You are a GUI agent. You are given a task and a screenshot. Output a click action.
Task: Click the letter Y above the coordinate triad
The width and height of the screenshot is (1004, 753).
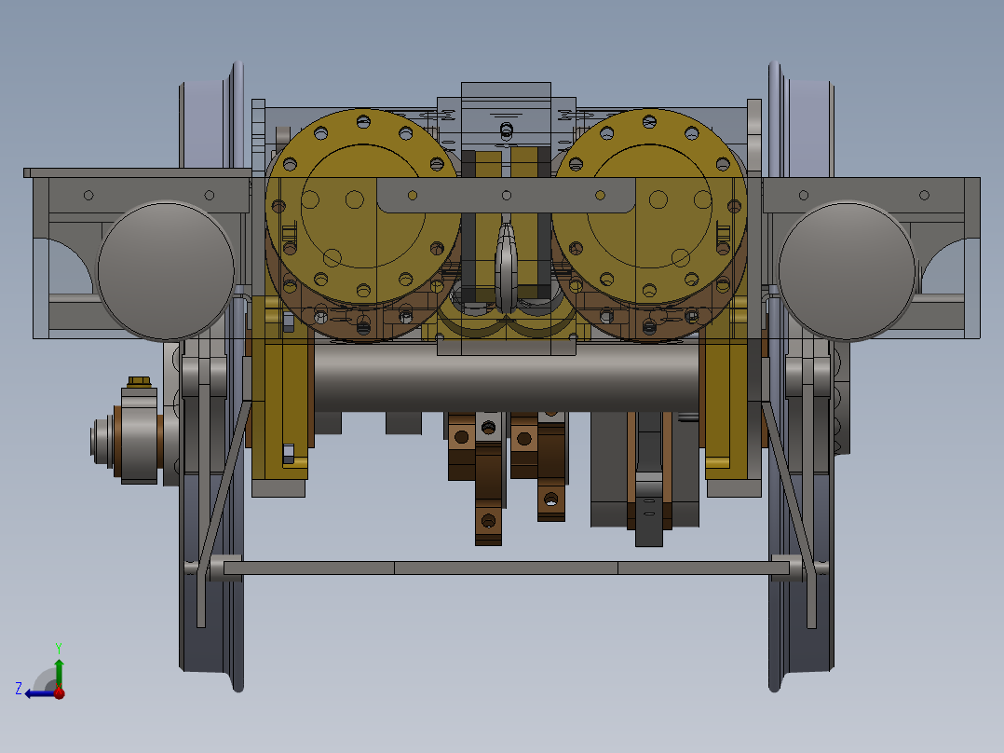[x=58, y=647]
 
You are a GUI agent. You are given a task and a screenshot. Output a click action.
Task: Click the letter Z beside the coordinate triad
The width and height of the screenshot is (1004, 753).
[x=19, y=689]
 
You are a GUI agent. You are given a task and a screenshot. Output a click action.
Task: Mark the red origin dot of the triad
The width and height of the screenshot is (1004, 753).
[x=59, y=692]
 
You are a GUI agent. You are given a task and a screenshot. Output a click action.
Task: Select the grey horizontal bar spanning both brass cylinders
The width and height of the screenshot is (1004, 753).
[x=506, y=196]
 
